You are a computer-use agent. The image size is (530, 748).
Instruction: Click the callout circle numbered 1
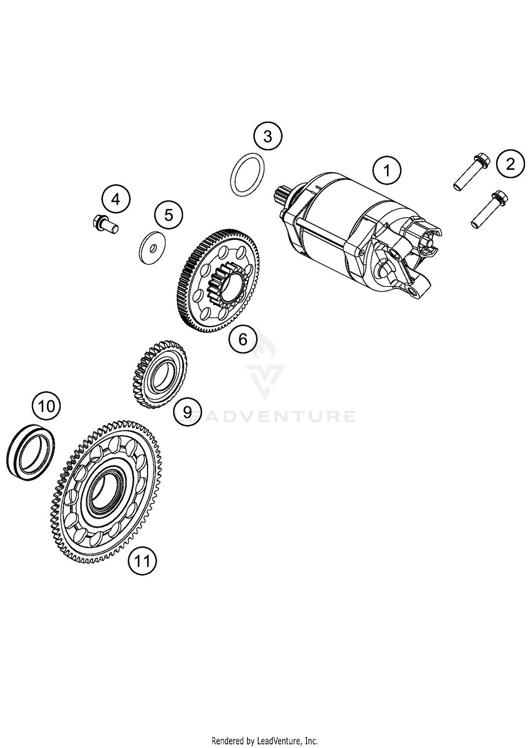pyautogui.click(x=387, y=170)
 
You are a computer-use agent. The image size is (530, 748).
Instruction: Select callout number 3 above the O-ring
pyautogui.click(x=268, y=136)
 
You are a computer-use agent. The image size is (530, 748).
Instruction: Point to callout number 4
pyautogui.click(x=116, y=200)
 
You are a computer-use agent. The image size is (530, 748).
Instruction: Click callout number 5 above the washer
pyautogui.click(x=169, y=215)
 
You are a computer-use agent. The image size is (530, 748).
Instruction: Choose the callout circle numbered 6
pyautogui.click(x=243, y=339)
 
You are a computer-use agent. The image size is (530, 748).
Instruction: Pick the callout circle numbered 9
pyautogui.click(x=187, y=411)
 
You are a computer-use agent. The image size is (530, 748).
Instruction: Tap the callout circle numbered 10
pyautogui.click(x=46, y=406)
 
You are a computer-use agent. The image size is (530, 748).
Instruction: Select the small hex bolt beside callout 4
pyautogui.click(x=104, y=225)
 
